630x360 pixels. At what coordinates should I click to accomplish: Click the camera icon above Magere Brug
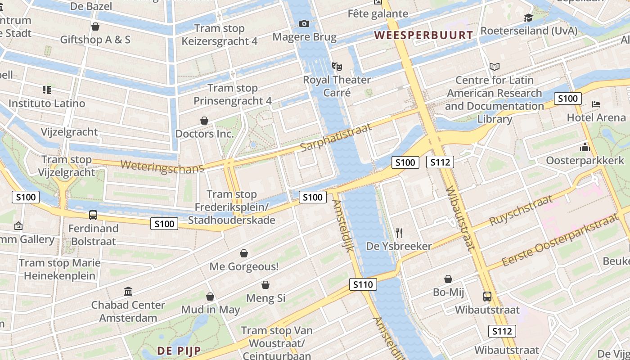click(304, 23)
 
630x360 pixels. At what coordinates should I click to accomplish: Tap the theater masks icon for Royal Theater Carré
click(337, 67)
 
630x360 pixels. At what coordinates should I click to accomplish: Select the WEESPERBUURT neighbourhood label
click(424, 35)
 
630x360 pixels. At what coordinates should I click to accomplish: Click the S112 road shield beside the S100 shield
click(439, 162)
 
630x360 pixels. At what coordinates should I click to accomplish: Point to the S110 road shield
click(363, 284)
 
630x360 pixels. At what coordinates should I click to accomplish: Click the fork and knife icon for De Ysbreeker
click(399, 233)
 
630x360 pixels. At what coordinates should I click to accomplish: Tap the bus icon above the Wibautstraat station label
click(487, 297)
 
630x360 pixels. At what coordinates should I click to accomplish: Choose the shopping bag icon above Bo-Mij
click(448, 279)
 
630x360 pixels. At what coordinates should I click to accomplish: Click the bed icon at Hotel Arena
click(596, 104)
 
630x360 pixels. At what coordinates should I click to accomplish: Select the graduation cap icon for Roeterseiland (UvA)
click(528, 18)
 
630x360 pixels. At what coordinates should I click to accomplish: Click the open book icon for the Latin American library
click(495, 67)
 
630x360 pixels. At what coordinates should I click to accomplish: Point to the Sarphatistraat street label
click(336, 137)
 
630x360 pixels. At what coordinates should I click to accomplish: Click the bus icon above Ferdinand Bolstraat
click(93, 215)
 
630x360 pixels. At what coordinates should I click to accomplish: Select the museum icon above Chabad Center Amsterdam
click(128, 292)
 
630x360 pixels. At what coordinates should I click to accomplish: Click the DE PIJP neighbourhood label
click(179, 350)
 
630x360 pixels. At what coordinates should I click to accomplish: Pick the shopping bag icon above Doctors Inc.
click(204, 121)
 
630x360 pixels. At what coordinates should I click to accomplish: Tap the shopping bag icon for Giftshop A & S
click(95, 27)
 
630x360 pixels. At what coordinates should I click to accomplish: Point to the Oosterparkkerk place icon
click(585, 147)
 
